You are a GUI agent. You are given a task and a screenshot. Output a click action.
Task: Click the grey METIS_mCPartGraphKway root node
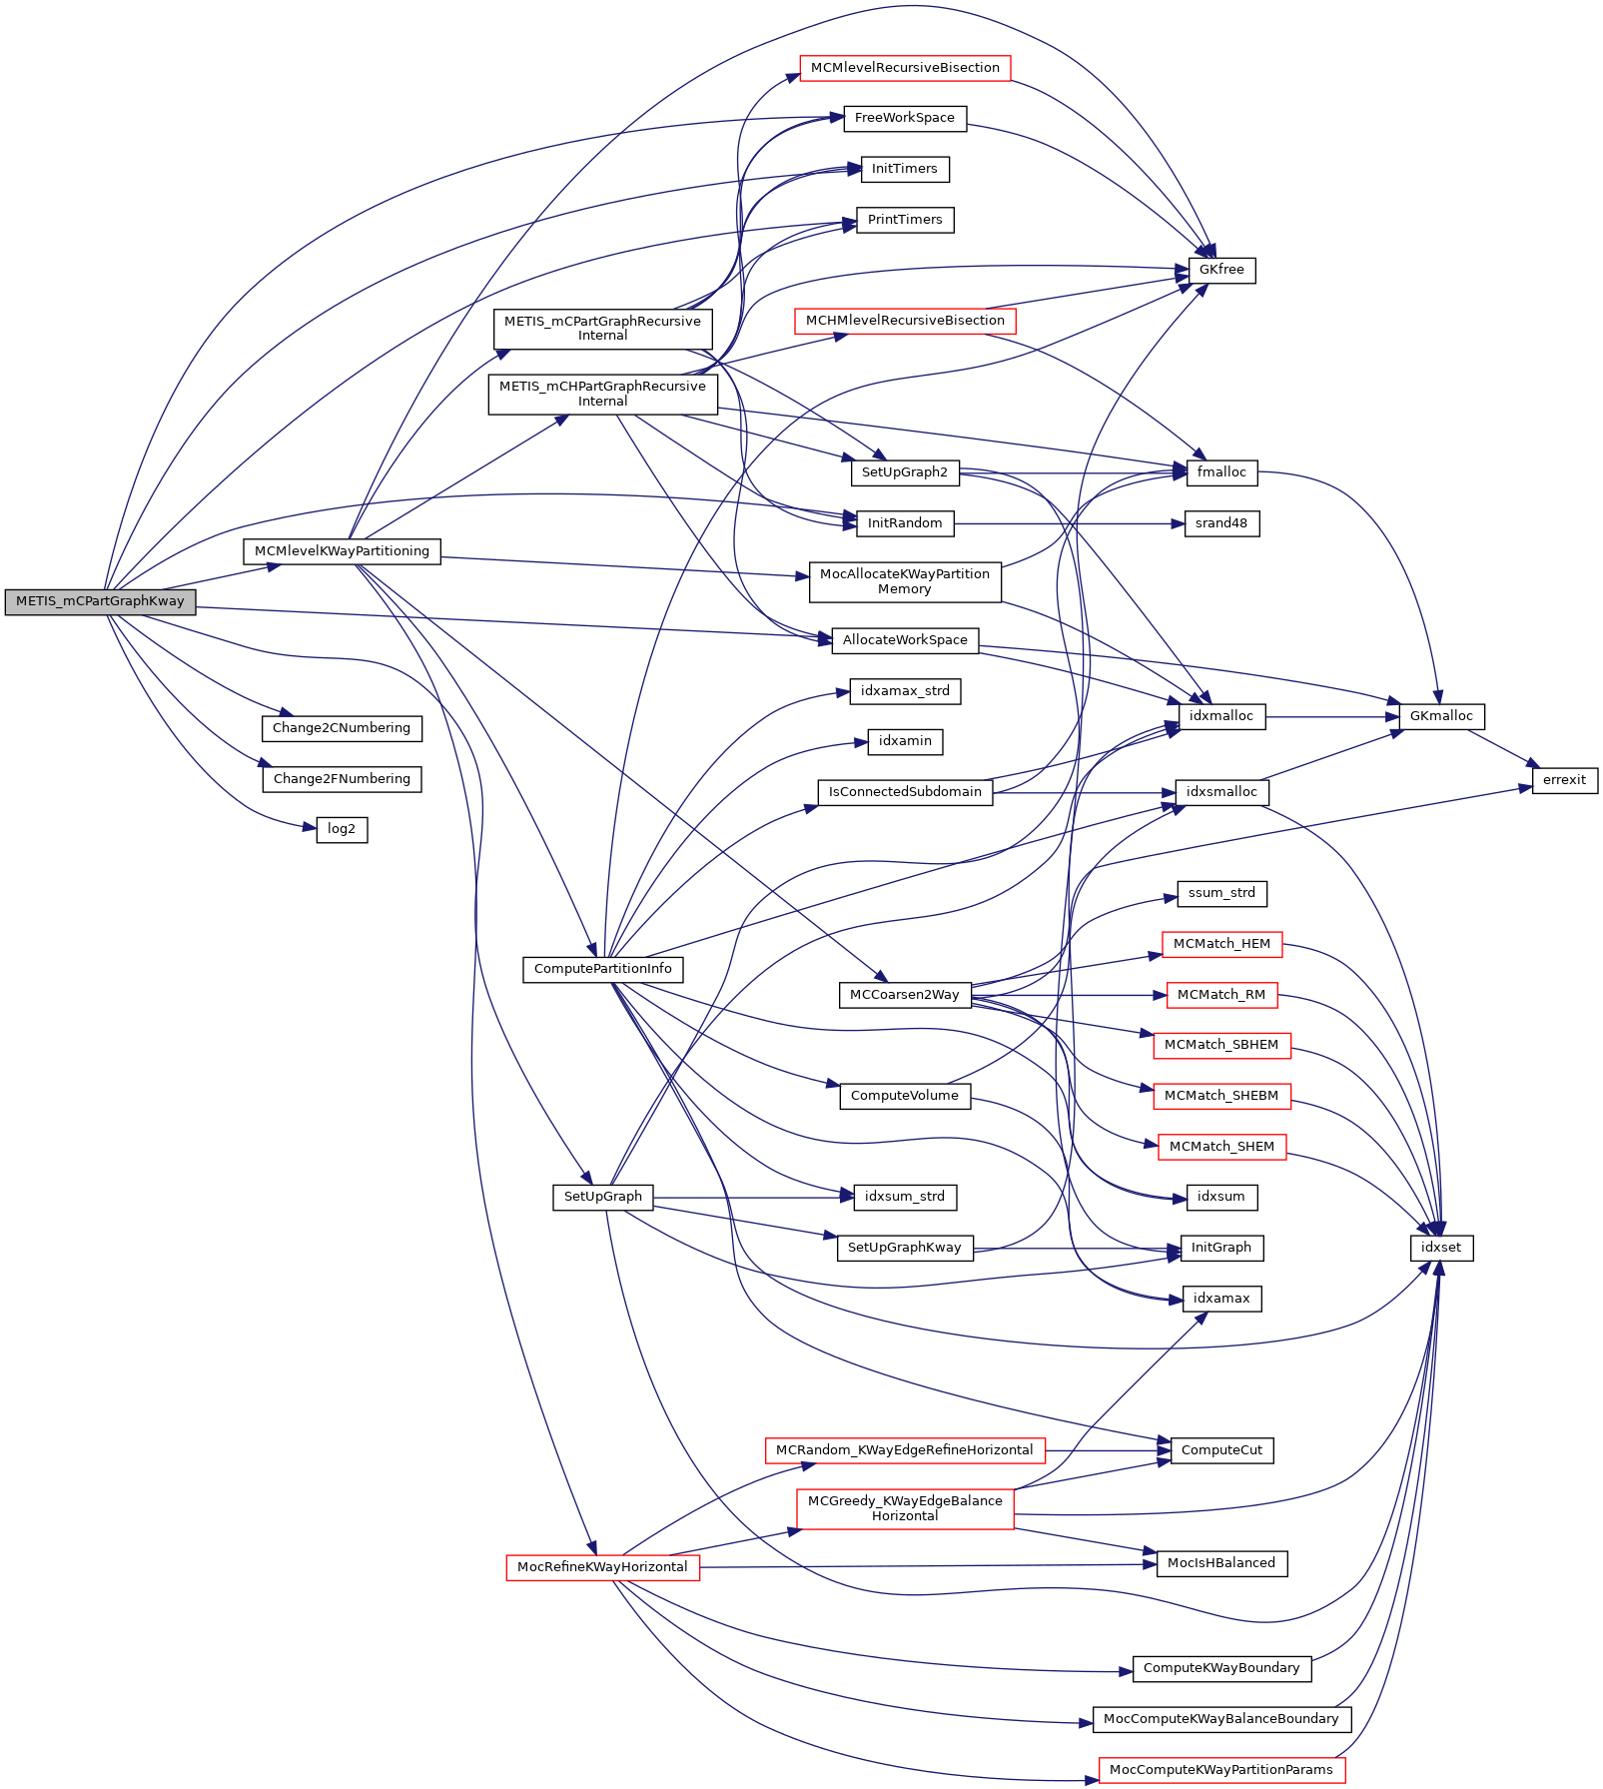click(x=100, y=601)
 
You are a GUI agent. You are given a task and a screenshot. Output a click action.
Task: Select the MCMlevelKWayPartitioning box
click(x=342, y=551)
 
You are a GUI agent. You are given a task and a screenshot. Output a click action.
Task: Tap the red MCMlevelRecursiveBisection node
click(x=905, y=68)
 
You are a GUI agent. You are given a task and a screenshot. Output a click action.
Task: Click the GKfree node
click(x=1221, y=270)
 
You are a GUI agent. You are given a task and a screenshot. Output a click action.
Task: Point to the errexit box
click(x=1564, y=780)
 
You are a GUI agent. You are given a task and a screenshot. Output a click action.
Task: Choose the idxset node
click(x=1441, y=1248)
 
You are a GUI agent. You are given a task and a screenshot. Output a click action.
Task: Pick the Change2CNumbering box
click(x=342, y=728)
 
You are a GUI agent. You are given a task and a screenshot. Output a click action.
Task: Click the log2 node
click(x=342, y=829)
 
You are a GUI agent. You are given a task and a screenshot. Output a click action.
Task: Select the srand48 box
click(x=1221, y=523)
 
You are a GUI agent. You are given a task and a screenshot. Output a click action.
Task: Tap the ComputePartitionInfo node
click(x=603, y=969)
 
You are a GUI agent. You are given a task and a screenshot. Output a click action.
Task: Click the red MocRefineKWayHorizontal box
click(x=603, y=1567)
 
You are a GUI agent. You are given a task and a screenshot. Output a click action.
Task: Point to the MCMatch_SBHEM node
click(x=1221, y=1045)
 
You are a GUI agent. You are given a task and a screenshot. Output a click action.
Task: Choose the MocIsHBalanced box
click(x=1221, y=1563)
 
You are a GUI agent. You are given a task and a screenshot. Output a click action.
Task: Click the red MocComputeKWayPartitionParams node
click(x=1221, y=1770)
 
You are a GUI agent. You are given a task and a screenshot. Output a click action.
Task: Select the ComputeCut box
click(x=1221, y=1450)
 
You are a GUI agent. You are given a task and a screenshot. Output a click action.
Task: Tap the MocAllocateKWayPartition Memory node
click(x=905, y=581)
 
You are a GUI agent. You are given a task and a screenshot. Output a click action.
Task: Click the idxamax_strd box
click(x=905, y=691)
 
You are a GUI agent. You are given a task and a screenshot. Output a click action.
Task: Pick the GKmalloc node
click(x=1441, y=716)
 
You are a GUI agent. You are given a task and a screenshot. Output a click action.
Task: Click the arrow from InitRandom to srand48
click(x=1069, y=523)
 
